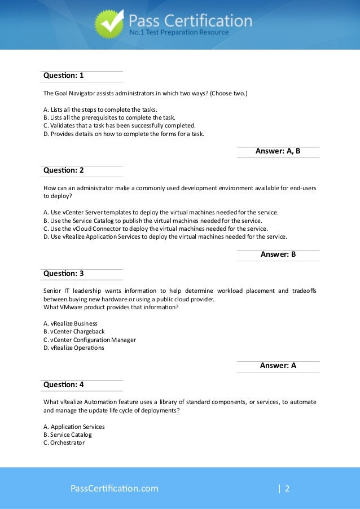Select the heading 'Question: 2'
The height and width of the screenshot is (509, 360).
coord(63,171)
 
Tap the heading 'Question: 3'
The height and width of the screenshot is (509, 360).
coord(63,274)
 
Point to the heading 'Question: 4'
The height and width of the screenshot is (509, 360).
coord(63,385)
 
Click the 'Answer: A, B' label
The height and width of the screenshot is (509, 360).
coord(278,151)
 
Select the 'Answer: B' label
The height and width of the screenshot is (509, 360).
coord(278,254)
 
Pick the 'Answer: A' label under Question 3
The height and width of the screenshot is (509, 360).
coord(278,366)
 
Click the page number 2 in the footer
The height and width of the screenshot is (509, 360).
coord(287,488)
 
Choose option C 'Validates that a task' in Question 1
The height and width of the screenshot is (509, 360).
coord(120,125)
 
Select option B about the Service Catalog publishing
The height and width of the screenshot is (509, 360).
coord(152,221)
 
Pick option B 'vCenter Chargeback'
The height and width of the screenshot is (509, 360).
coord(74,332)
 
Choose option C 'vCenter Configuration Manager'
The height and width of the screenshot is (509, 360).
coord(89,340)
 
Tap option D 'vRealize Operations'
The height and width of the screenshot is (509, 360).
coord(73,348)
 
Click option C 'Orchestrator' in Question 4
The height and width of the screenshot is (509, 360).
coord(63,443)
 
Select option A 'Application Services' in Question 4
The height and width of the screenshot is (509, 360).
coord(74,427)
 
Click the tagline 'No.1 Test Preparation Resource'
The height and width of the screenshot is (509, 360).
coord(179,33)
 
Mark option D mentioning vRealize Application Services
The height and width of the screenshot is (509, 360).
coord(165,237)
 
